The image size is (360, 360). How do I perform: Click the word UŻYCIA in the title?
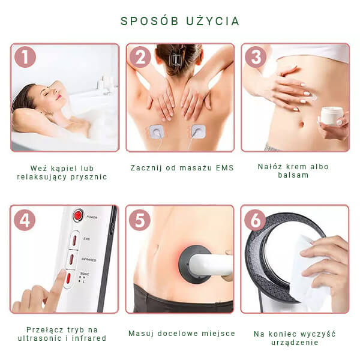pyautogui.click(x=212, y=20)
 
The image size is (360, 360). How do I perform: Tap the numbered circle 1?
pyautogui.click(x=25, y=57)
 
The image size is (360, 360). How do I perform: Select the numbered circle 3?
pyautogui.click(x=256, y=57)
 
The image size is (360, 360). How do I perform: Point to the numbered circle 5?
pyautogui.click(x=140, y=220)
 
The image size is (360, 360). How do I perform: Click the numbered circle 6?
pyautogui.click(x=255, y=220)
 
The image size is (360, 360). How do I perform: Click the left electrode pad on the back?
pyautogui.click(x=157, y=132)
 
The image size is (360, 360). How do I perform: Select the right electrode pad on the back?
pyautogui.click(x=199, y=131)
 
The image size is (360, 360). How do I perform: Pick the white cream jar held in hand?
pyautogui.click(x=332, y=116)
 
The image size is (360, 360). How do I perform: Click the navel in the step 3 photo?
pyautogui.click(x=302, y=124)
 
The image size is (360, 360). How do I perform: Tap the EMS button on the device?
pyautogui.click(x=74, y=240)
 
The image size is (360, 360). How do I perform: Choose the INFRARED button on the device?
pyautogui.click(x=71, y=260)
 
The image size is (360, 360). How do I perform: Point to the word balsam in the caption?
pyautogui.click(x=293, y=175)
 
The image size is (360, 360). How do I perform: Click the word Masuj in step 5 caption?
pyautogui.click(x=141, y=334)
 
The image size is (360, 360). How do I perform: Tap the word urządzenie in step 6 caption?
pyautogui.click(x=295, y=343)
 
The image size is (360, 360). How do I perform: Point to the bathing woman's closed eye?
pyautogui.click(x=47, y=94)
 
